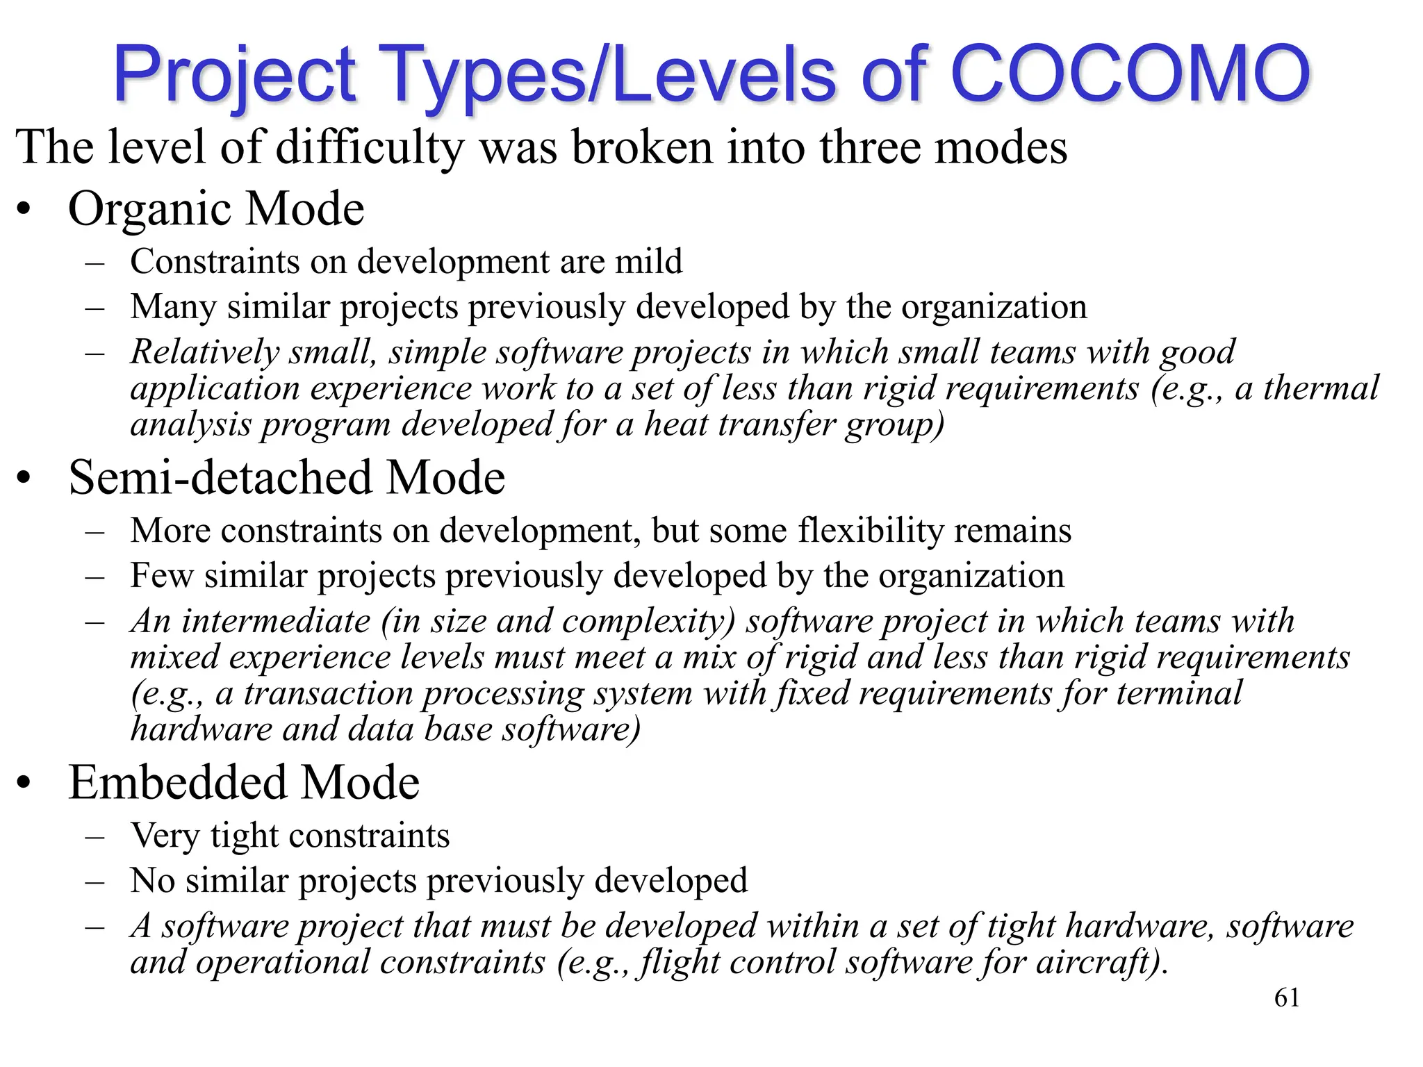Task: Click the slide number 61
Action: click(x=1287, y=998)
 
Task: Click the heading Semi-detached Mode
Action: click(x=286, y=478)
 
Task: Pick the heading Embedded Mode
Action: click(x=244, y=783)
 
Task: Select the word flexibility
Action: click(x=871, y=531)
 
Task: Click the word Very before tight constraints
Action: click(x=165, y=836)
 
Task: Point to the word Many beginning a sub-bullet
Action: click(x=173, y=308)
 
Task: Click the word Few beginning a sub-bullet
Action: click(x=161, y=577)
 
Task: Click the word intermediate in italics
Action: click(x=276, y=621)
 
